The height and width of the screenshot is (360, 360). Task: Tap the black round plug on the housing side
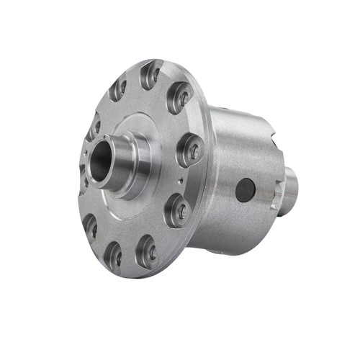245,190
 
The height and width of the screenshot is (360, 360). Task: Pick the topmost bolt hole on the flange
151,74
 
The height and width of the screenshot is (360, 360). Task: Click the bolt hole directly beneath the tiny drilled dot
177,210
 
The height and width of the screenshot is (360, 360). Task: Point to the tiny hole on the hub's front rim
87,153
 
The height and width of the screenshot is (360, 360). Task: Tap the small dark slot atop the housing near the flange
225,110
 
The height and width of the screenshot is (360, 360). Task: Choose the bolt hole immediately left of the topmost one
118,89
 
